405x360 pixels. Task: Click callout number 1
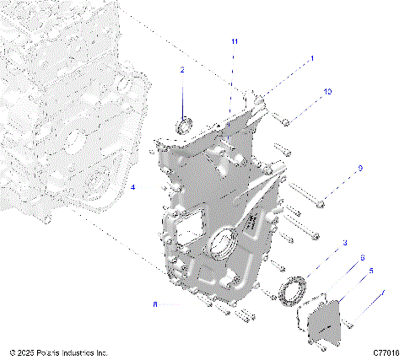[x=311, y=59]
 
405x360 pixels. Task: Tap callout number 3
[x=343, y=244]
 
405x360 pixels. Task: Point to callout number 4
[x=133, y=189]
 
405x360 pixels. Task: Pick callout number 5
[x=370, y=271]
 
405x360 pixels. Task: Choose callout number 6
[x=363, y=258]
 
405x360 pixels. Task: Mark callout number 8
[x=154, y=304]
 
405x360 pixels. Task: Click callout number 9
[x=359, y=169]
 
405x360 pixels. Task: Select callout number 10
[x=327, y=91]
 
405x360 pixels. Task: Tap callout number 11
[x=235, y=41]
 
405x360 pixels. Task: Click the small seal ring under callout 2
[x=184, y=127]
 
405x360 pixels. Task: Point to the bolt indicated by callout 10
[x=286, y=123]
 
